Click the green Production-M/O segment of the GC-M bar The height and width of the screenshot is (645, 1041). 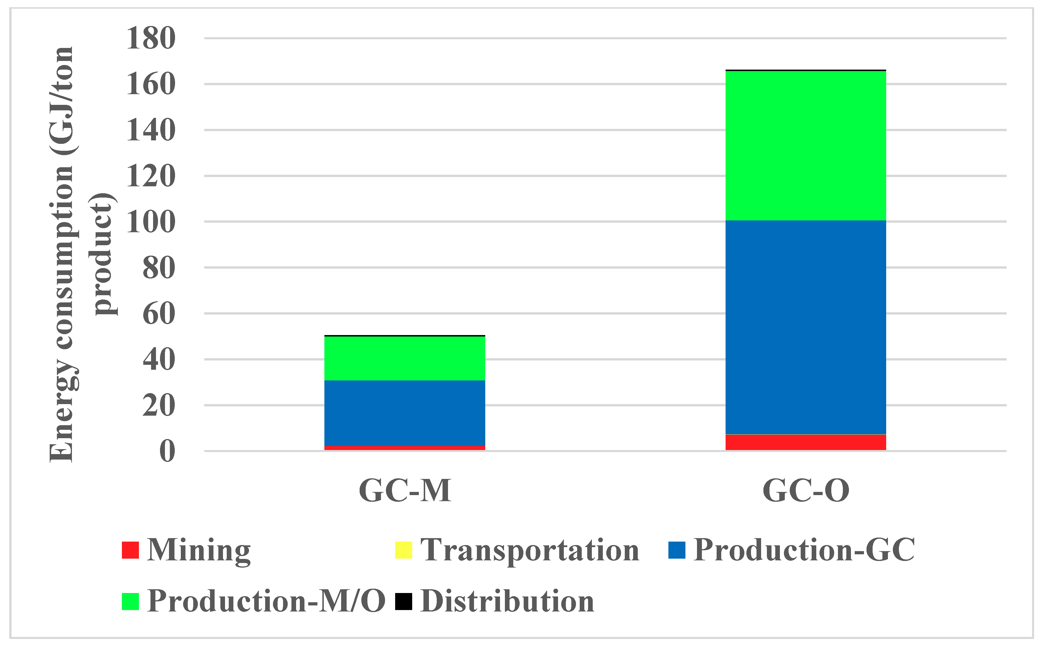tap(404, 358)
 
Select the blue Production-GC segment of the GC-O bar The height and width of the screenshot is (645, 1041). tap(806, 327)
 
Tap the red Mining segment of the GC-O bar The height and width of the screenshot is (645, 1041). tap(806, 442)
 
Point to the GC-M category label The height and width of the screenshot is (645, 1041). tap(405, 490)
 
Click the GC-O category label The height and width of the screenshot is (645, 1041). tap(806, 490)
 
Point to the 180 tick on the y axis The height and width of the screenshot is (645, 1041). tap(150, 38)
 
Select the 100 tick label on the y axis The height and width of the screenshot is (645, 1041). tap(150, 222)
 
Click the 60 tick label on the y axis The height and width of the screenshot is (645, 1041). tap(159, 314)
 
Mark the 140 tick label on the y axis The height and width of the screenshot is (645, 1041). tap(150, 131)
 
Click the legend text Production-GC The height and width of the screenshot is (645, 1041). tap(804, 550)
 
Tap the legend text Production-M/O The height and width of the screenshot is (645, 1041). tap(266, 601)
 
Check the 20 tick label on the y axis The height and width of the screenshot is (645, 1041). tap(159, 406)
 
